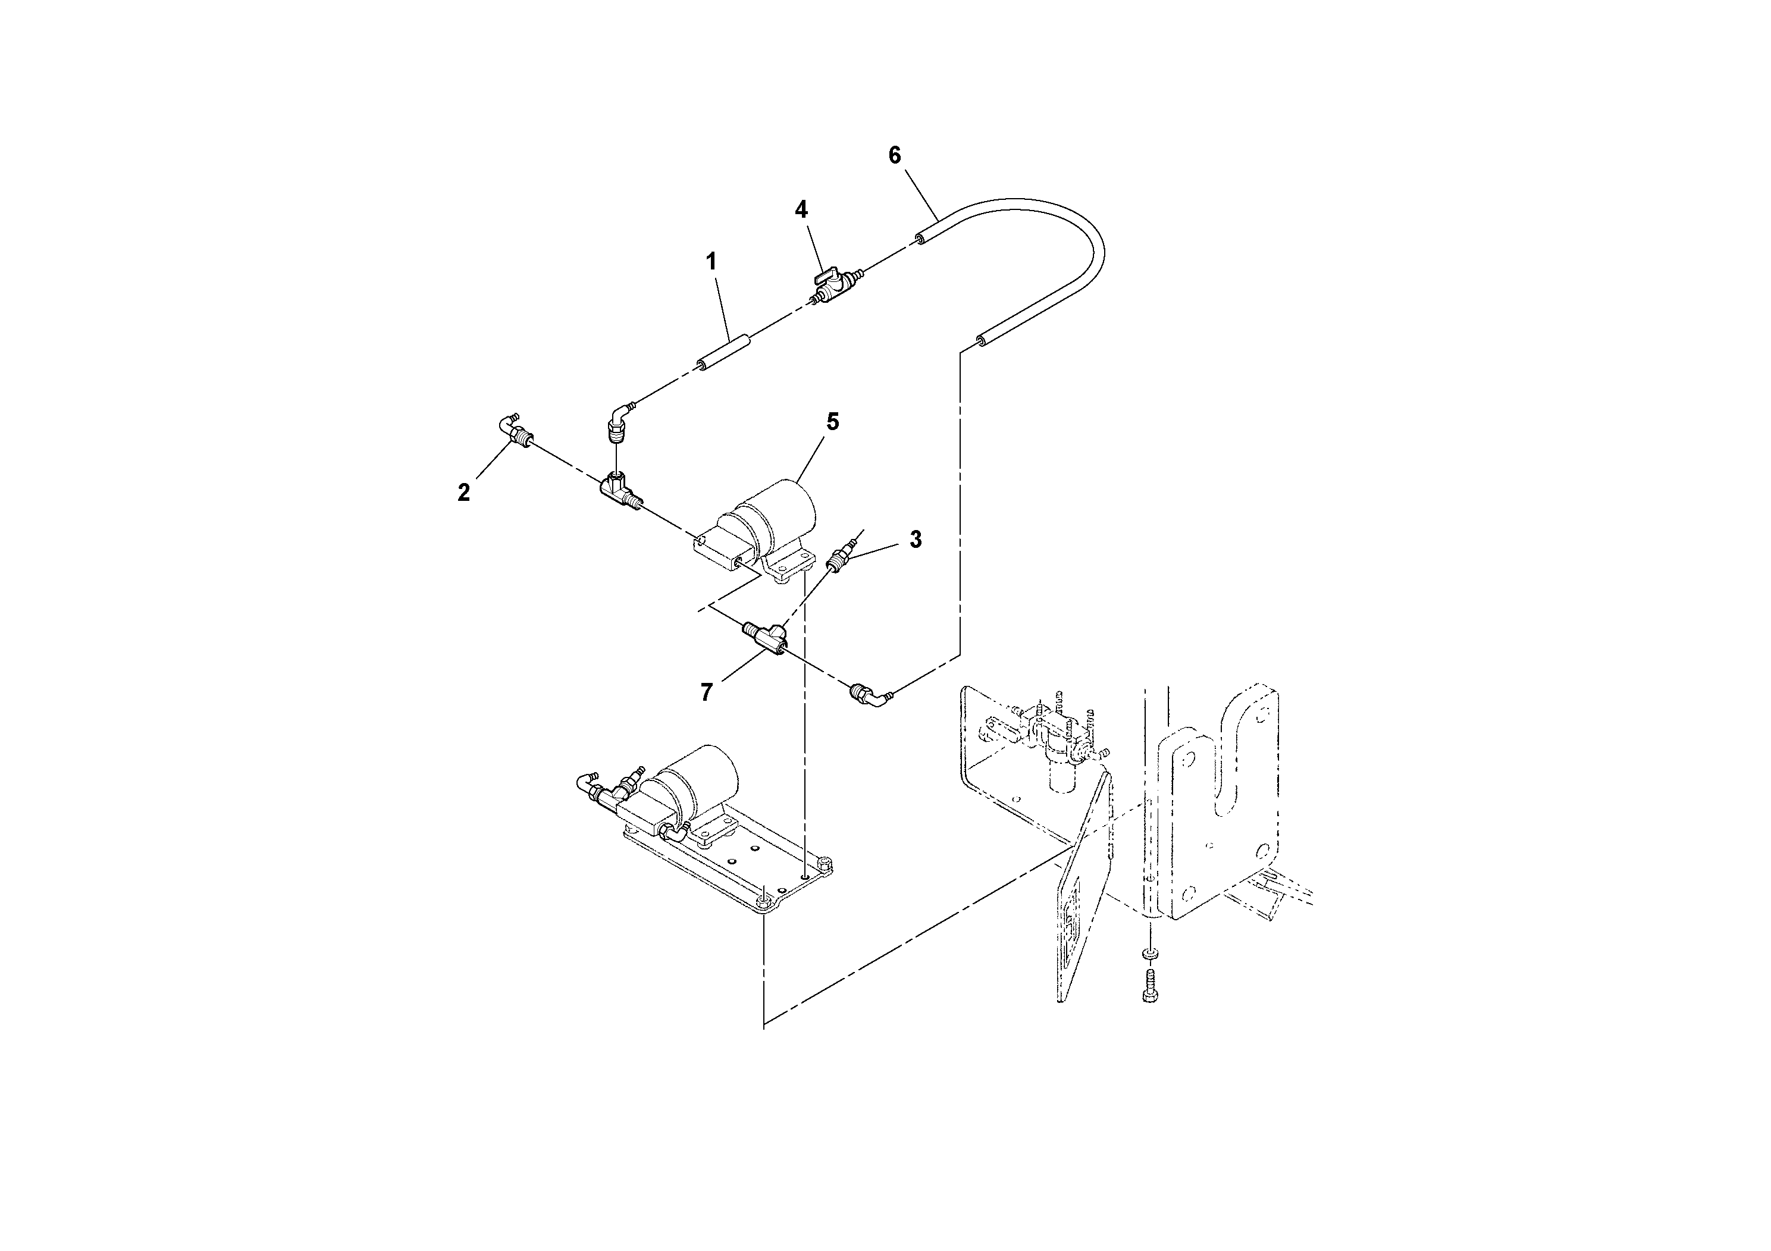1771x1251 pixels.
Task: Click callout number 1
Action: pyautogui.click(x=711, y=262)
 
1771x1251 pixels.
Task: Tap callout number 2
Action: pyautogui.click(x=463, y=493)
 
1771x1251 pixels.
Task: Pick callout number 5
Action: pyautogui.click(x=832, y=422)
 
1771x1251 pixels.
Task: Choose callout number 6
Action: pyautogui.click(x=894, y=156)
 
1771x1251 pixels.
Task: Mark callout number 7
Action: pyautogui.click(x=707, y=692)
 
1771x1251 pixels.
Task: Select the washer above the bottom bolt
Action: pyautogui.click(x=1149, y=955)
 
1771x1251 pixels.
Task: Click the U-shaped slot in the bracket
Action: pyautogui.click(x=1230, y=764)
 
